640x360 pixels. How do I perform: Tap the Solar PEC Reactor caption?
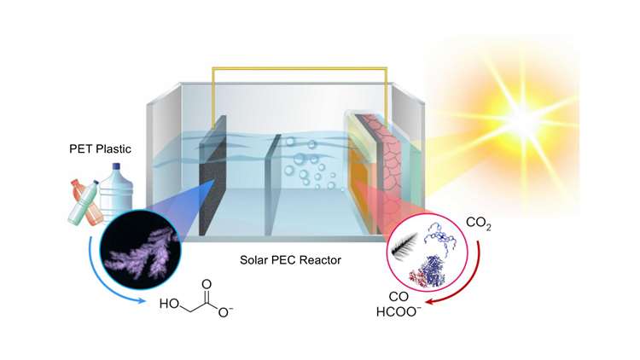point(298,258)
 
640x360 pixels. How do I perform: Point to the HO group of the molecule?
point(168,305)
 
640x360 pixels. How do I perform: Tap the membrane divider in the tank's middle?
point(271,188)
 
